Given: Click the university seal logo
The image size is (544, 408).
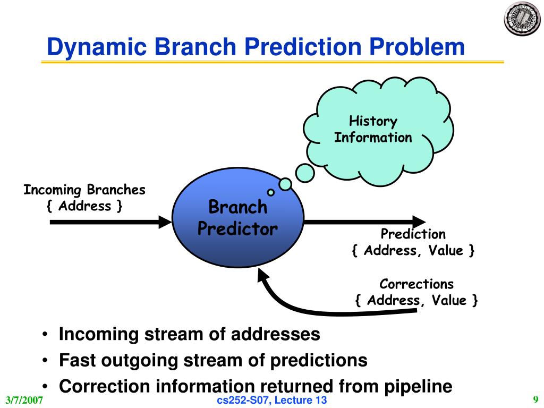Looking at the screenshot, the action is point(522,19).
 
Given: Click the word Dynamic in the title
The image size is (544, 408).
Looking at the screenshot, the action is point(97,47).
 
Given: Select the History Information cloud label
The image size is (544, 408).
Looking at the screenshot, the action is point(373,129).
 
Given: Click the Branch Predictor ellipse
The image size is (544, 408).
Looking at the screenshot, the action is point(238,217).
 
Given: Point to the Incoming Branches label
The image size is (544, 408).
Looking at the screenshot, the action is point(84,190).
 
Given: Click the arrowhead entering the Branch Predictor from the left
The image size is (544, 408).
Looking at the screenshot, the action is point(165,222).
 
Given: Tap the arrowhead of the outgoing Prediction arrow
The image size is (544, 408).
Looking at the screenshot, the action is point(419,222).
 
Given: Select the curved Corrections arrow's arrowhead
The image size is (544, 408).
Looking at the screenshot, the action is point(263,276).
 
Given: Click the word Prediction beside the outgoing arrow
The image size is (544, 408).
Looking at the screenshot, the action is point(413,234).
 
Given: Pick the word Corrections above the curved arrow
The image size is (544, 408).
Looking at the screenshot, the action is point(416,284).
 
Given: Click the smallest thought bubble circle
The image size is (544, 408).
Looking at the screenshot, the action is point(270,192).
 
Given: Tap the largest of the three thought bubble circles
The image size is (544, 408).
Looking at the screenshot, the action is point(305,173).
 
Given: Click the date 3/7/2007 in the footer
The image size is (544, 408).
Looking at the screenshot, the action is point(24,400).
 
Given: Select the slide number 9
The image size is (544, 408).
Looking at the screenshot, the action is point(535,399).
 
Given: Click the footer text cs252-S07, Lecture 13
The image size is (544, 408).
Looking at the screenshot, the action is point(271,400).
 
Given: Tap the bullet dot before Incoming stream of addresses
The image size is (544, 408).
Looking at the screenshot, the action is point(45,335).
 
